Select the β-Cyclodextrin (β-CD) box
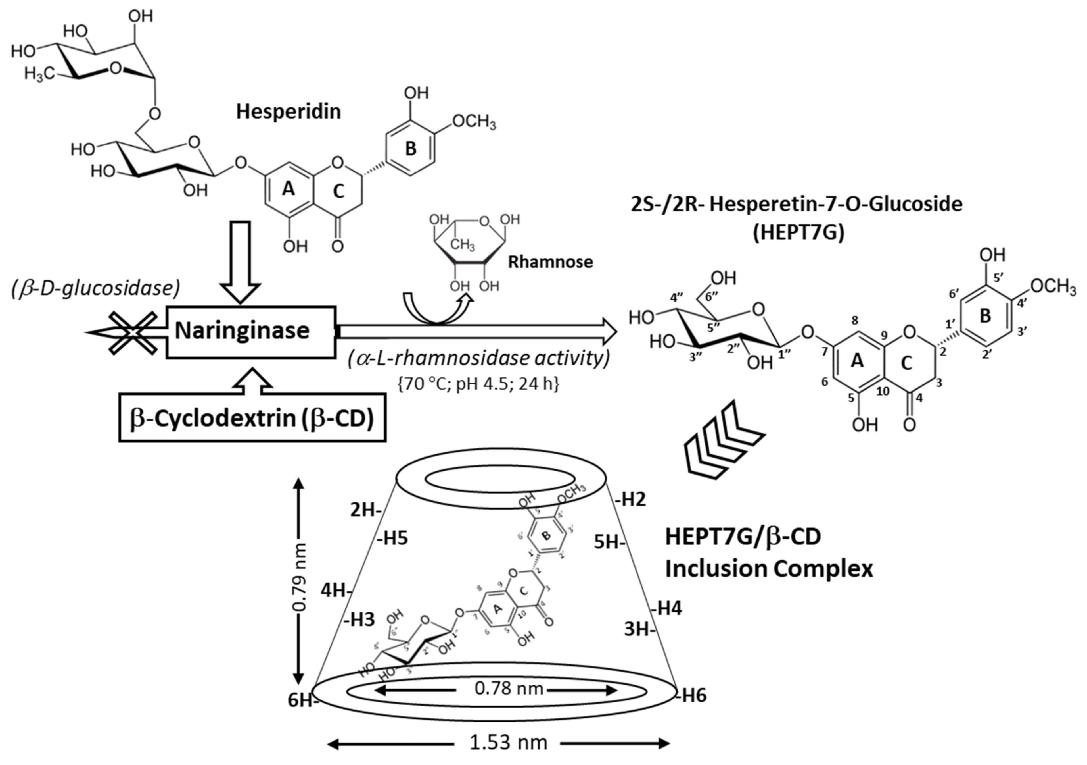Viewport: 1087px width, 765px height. (x=252, y=417)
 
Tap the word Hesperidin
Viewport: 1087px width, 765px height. (x=288, y=111)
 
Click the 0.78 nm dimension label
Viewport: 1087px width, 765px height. (x=509, y=688)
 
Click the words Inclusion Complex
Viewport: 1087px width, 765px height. (x=769, y=568)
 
